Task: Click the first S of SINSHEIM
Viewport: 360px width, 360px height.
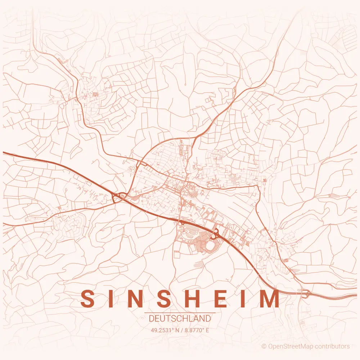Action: pyautogui.click(x=88, y=298)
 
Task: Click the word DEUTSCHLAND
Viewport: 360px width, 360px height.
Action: pyautogui.click(x=180, y=319)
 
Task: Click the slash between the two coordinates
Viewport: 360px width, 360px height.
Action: pyautogui.click(x=180, y=330)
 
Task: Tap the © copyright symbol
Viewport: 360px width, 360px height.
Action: pyautogui.click(x=264, y=347)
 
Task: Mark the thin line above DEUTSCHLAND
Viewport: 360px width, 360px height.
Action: pyautogui.click(x=180, y=313)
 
